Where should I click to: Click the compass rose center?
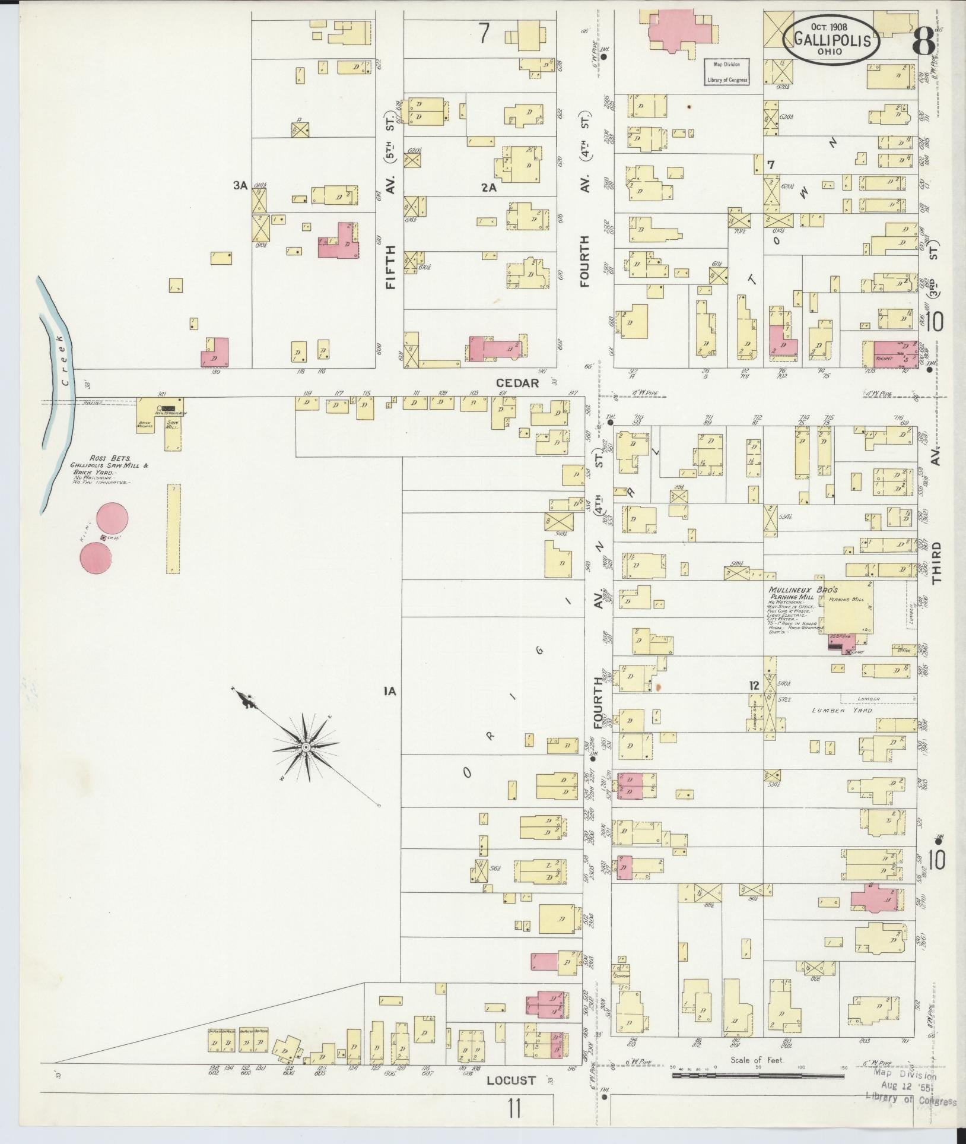pos(305,746)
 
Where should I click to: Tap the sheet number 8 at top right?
pos(923,40)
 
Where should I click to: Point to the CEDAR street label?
pos(518,383)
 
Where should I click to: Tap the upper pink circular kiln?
pos(112,519)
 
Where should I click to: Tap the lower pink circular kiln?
pos(96,559)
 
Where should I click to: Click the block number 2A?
pos(488,188)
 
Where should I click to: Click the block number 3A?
pos(240,186)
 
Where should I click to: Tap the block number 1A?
pos(389,691)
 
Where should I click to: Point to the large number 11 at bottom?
pos(514,1108)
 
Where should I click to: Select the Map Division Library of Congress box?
pos(726,72)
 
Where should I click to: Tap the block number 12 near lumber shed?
pos(754,686)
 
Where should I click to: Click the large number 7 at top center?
pos(484,34)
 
